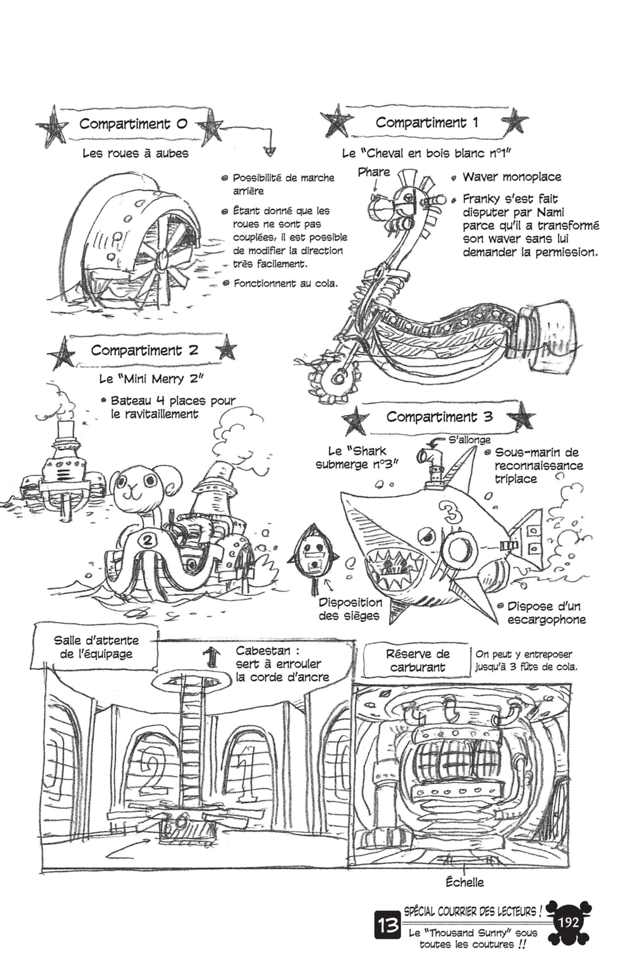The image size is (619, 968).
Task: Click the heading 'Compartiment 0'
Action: coord(133,124)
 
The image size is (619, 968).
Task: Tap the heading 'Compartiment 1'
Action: coord(427,122)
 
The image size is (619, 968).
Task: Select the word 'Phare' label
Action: coord(374,172)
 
